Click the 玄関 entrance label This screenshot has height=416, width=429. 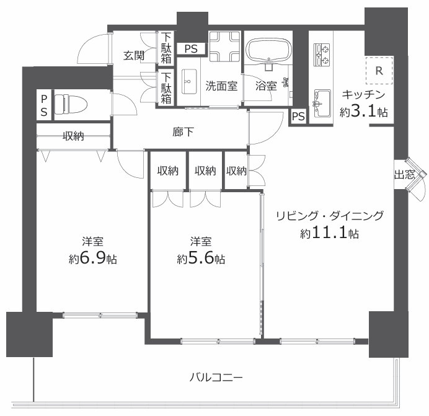tap(134, 55)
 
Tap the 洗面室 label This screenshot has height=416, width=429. tap(221, 86)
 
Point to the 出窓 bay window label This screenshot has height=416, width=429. tap(405, 175)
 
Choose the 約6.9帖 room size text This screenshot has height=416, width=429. tap(92, 259)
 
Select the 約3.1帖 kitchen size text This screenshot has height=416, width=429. tap(364, 112)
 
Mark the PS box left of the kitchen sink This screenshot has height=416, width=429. tap(298, 116)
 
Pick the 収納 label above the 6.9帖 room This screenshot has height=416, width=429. tap(73, 136)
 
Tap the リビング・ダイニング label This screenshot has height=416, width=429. tap(329, 216)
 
